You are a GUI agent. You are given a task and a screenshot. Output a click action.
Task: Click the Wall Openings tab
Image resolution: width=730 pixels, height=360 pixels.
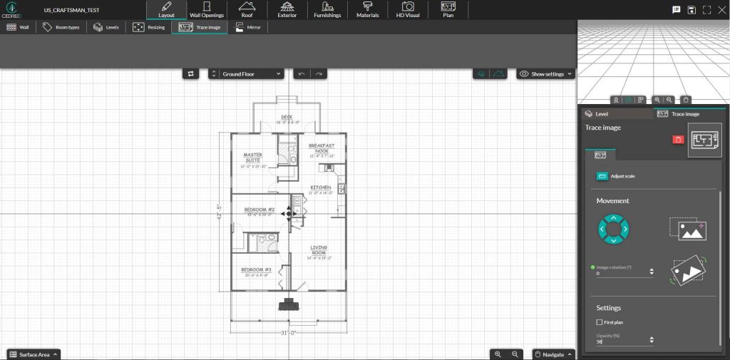(207, 10)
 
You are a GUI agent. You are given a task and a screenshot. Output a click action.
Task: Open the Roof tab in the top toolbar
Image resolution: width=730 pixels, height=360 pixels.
(247, 10)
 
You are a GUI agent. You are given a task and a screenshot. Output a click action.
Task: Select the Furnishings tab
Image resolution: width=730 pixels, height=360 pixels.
(327, 10)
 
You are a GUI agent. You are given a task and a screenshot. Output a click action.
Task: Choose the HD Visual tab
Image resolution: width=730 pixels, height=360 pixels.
(408, 10)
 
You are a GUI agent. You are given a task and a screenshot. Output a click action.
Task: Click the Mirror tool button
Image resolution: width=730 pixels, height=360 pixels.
(249, 27)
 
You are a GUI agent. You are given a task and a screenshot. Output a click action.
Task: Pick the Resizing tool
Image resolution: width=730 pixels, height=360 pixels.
(150, 27)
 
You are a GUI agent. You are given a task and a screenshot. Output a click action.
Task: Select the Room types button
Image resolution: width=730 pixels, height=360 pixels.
(61, 27)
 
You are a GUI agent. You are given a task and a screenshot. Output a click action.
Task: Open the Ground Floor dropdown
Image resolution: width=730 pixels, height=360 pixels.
(247, 73)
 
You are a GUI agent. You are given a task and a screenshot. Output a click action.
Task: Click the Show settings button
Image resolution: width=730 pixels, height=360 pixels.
(546, 73)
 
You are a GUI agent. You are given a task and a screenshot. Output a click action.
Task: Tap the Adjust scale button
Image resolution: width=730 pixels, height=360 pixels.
(617, 175)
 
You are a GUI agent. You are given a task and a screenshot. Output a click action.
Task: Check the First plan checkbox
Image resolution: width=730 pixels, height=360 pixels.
(600, 322)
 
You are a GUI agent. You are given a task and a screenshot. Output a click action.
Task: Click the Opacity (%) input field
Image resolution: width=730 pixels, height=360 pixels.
(622, 341)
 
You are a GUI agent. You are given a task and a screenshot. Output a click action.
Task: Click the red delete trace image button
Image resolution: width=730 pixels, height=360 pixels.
(678, 139)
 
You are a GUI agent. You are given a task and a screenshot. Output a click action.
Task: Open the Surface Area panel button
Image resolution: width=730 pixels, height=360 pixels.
(34, 354)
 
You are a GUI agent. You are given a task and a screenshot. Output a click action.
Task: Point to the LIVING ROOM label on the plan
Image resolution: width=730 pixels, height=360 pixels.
(318, 250)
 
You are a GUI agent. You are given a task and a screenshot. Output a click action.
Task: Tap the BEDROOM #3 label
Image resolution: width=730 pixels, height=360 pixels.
(257, 270)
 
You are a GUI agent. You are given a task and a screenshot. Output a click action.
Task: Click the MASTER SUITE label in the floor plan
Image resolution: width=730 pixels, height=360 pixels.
(252, 158)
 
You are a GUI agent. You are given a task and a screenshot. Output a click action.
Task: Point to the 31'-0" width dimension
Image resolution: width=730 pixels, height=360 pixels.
(288, 333)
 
